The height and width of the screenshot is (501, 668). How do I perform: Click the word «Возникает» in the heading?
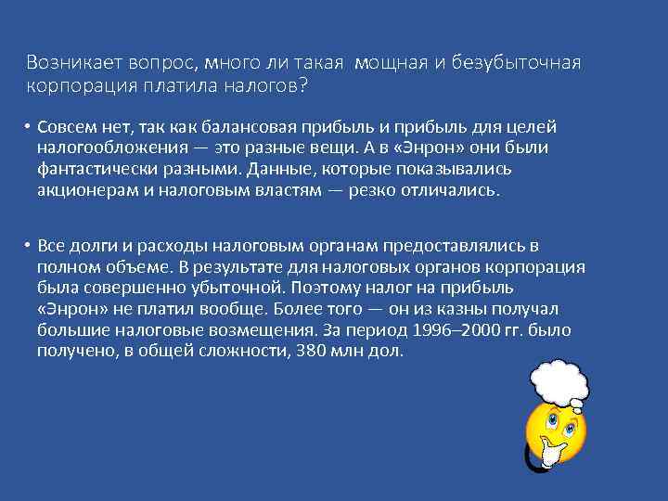(x=67, y=62)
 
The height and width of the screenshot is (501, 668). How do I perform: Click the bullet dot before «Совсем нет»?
(x=30, y=126)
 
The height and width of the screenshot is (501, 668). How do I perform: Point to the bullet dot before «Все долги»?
(x=30, y=246)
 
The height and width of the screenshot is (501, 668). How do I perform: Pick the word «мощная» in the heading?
(x=396, y=62)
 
